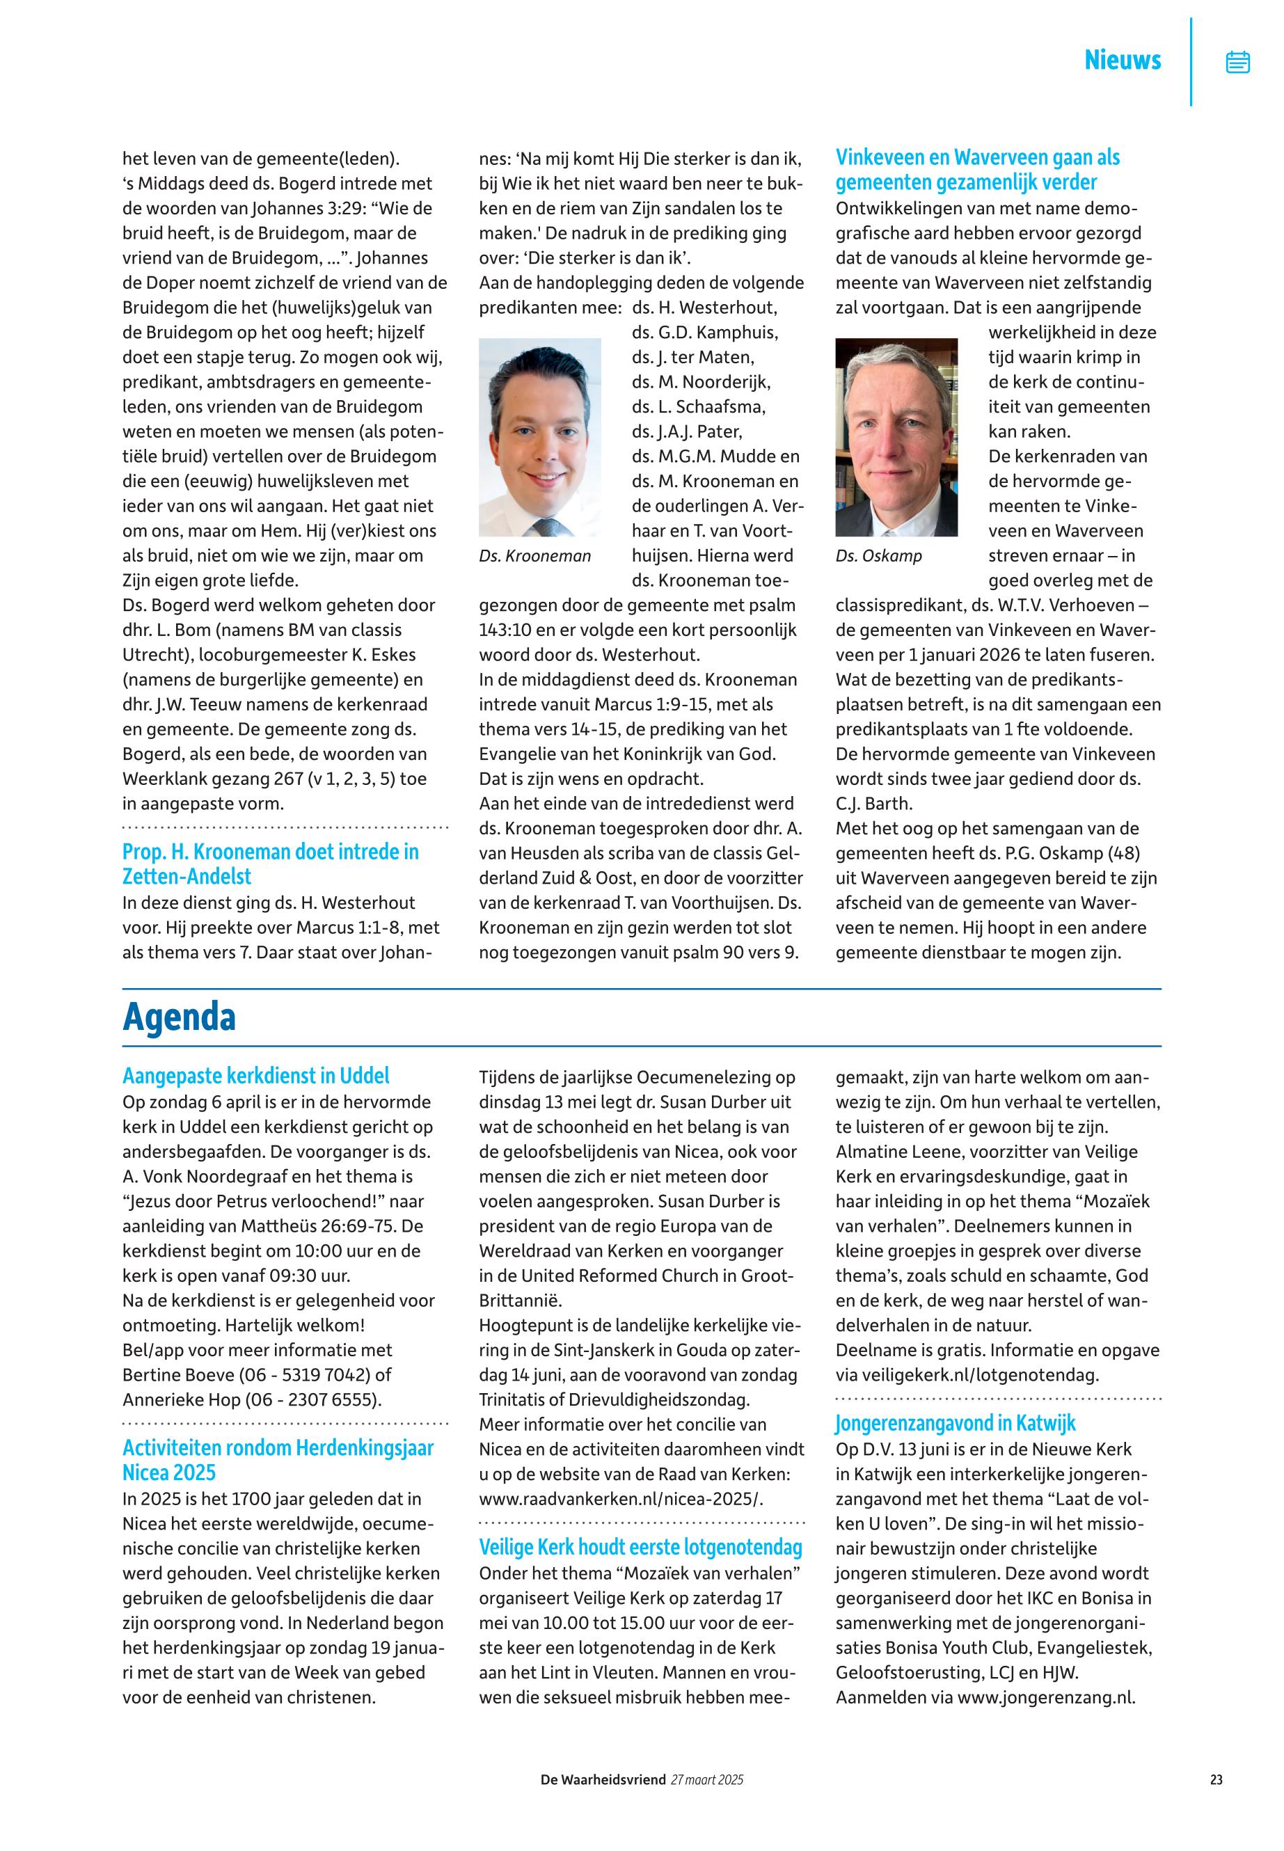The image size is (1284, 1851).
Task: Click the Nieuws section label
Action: (1123, 61)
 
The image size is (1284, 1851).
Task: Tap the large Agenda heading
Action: (179, 1017)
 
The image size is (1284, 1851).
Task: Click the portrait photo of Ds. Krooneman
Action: (540, 437)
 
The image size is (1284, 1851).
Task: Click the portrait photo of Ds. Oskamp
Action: (896, 437)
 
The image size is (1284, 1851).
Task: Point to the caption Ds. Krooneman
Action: (534, 556)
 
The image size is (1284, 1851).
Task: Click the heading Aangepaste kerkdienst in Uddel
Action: (256, 1076)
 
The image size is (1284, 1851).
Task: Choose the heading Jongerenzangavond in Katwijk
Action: (955, 1423)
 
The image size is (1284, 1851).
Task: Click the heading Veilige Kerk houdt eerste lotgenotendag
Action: (640, 1547)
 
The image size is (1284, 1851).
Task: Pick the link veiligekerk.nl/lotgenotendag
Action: (976, 1375)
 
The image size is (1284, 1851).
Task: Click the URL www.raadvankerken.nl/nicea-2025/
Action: (620, 1499)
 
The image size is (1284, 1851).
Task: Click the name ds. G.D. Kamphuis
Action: (705, 332)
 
